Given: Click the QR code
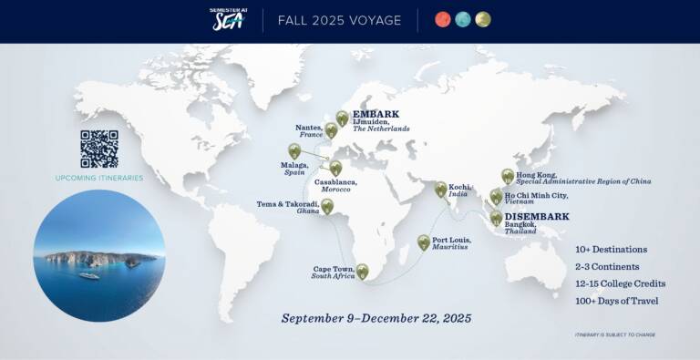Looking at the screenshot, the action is point(98,149).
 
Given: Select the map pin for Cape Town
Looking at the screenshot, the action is point(362,271).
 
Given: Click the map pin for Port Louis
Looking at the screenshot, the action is point(424,242).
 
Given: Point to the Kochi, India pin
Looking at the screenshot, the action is point(440,189).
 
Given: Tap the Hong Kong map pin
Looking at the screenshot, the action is point(508,176).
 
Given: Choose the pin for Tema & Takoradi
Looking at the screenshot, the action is point(327,206).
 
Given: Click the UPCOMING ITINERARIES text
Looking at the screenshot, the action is point(98,178).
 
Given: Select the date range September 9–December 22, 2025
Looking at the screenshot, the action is point(376,318).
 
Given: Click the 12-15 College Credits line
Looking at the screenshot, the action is point(620,283).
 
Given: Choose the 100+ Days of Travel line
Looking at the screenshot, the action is point(618,301).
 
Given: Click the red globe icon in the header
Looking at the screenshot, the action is point(442,20).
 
